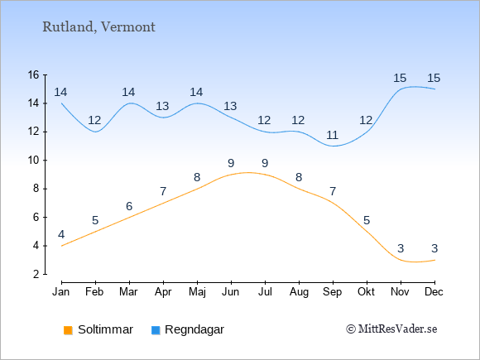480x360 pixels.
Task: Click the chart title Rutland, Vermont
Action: click(x=98, y=27)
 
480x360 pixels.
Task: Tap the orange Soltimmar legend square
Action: click(x=68, y=330)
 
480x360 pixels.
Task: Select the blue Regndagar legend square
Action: click(x=156, y=330)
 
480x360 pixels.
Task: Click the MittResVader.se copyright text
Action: click(x=391, y=329)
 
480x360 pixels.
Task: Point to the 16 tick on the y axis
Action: click(x=34, y=74)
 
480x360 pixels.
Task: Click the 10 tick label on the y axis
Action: click(x=34, y=160)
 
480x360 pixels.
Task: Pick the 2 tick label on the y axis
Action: click(x=36, y=274)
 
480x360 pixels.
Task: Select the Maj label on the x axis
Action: click(x=197, y=292)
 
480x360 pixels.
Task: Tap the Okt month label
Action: click(x=367, y=292)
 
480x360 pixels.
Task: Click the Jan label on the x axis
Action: click(x=61, y=292)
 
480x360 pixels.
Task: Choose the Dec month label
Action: click(x=434, y=292)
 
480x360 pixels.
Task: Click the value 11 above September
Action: click(x=333, y=135)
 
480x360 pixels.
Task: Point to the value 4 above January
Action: click(x=61, y=234)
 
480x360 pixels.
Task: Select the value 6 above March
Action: click(x=129, y=206)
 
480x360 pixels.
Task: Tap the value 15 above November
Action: click(x=400, y=78)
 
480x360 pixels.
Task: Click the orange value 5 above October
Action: click(x=367, y=220)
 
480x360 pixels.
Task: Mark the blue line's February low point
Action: click(x=95, y=132)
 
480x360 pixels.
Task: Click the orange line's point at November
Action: click(x=401, y=260)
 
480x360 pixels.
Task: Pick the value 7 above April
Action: click(x=163, y=192)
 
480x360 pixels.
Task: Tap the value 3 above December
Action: click(x=434, y=248)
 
